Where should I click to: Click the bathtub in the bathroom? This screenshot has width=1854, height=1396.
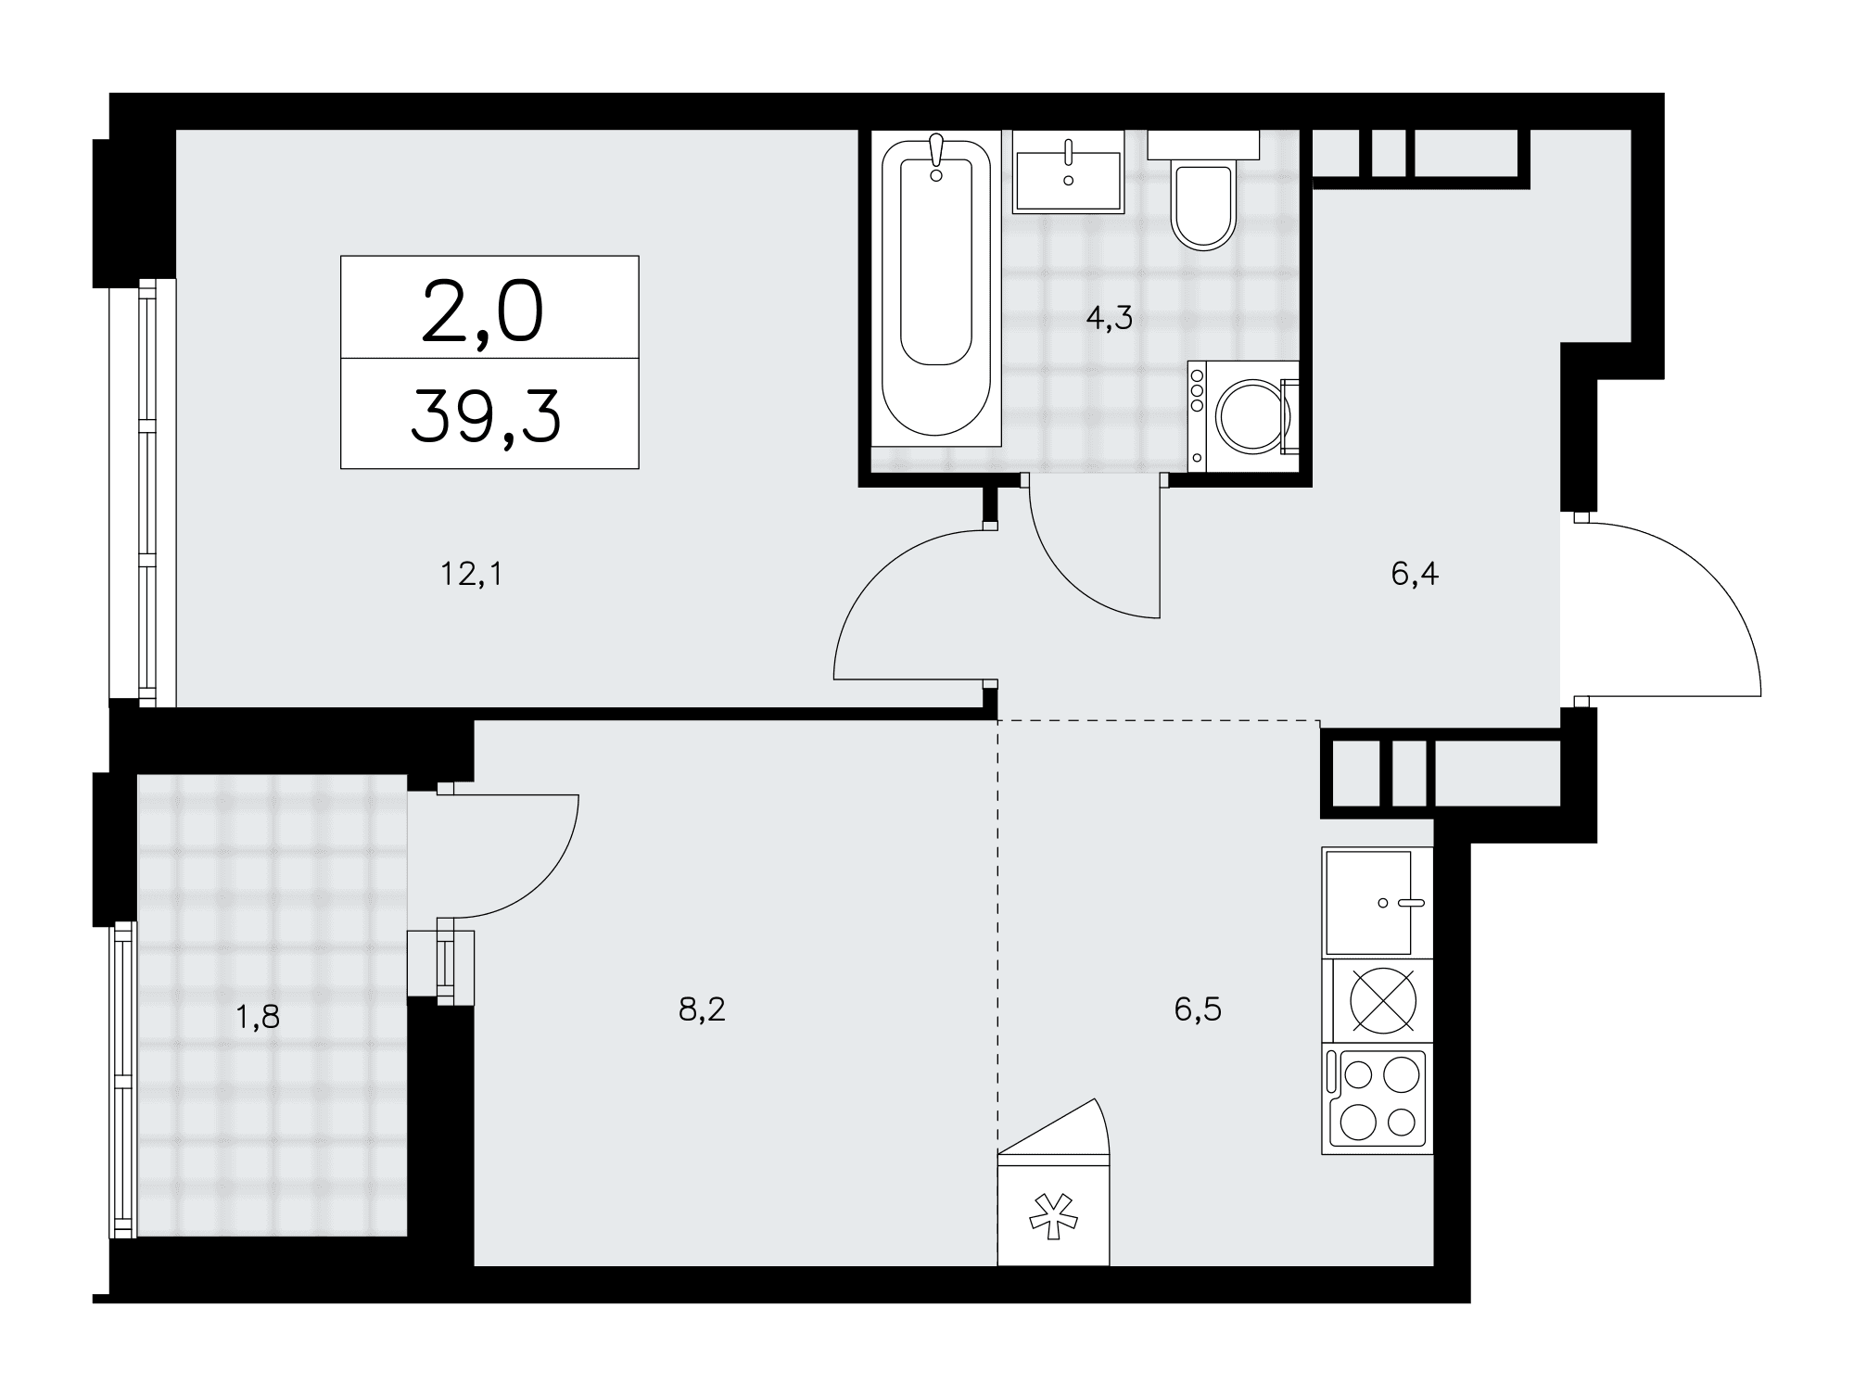(936, 288)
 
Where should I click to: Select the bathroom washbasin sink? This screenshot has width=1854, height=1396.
(1069, 171)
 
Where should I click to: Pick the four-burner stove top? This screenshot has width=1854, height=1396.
(1378, 1098)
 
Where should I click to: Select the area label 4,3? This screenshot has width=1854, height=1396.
(1110, 319)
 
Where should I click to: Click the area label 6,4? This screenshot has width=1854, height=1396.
(1415, 575)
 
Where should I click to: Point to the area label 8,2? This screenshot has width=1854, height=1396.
(702, 1009)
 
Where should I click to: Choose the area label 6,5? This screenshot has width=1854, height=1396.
(1198, 1009)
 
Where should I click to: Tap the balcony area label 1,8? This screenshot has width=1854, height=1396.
(258, 1018)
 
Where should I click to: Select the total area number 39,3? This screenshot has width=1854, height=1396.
(486, 414)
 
